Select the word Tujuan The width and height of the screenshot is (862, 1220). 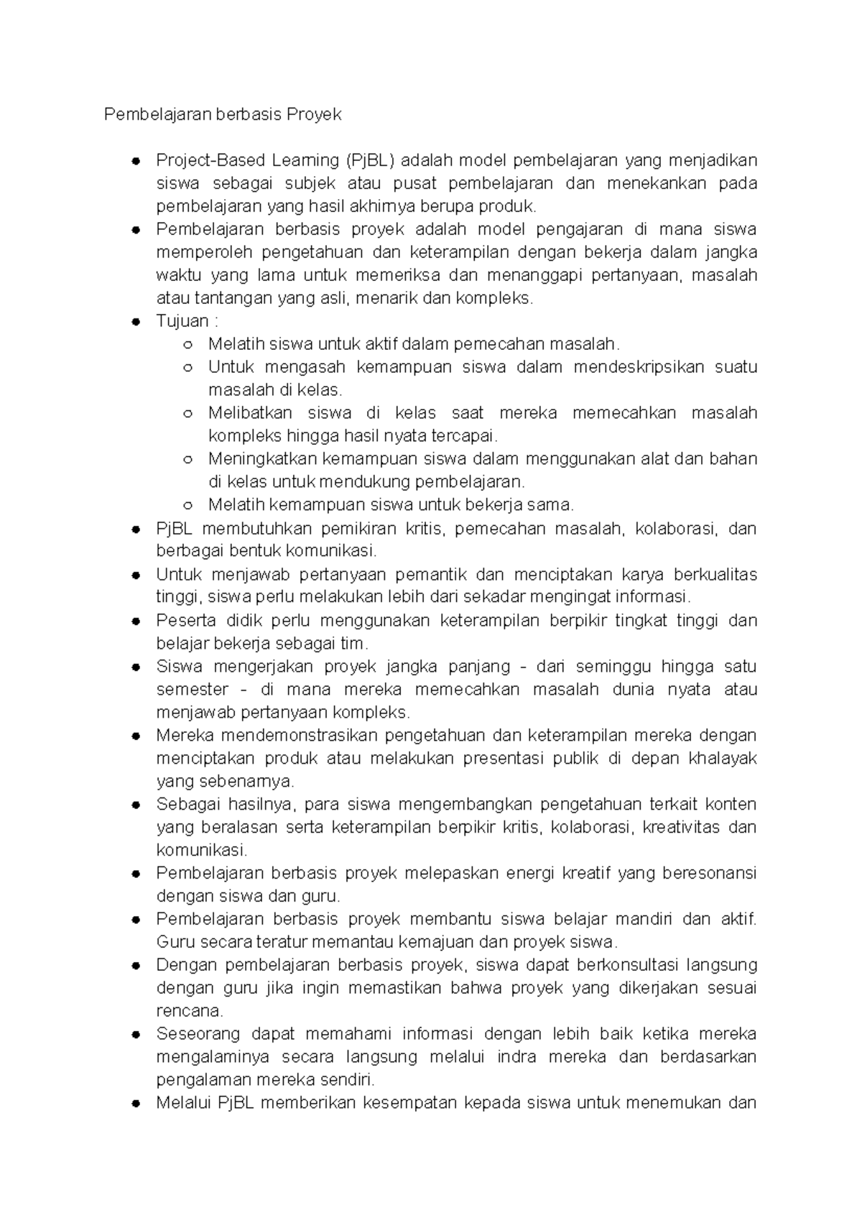(182, 321)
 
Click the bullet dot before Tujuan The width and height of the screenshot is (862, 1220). (135, 322)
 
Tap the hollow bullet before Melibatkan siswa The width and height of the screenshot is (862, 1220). (187, 414)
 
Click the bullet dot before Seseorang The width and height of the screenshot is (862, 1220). (135, 1035)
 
